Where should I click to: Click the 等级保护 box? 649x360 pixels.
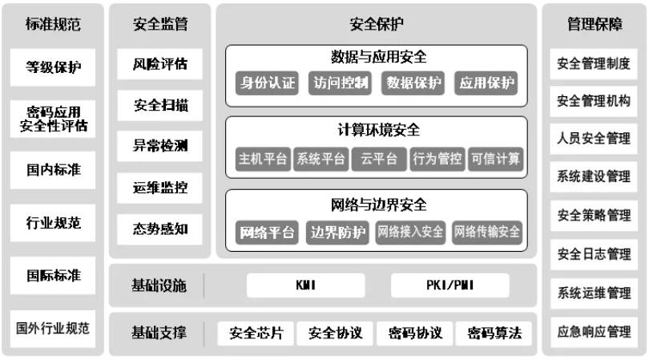point(53,67)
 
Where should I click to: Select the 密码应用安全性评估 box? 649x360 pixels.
point(53,118)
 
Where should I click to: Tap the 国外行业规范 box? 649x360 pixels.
point(53,328)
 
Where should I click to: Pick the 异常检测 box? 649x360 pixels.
point(160,146)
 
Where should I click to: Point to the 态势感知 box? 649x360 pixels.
point(160,229)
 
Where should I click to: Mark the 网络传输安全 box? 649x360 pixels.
point(487,233)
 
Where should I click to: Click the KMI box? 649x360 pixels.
point(305,285)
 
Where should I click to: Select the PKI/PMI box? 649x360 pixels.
point(449,285)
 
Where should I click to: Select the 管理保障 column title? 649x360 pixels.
point(594,25)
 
